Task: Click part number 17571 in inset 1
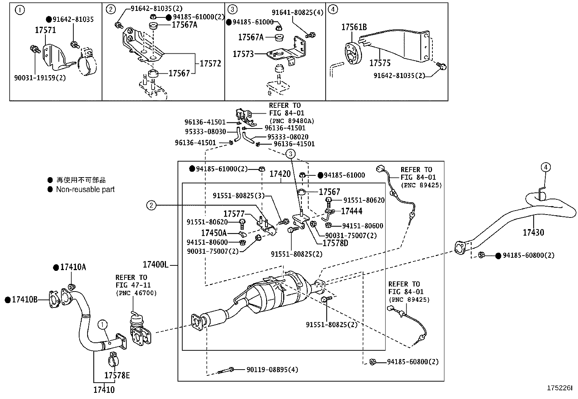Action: pos(45,30)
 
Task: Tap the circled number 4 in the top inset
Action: pos(333,10)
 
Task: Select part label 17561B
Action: pos(354,27)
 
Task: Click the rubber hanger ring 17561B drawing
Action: pos(352,54)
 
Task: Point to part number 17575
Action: pos(380,63)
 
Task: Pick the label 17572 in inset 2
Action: pos(210,64)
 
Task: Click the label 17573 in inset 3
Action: pos(243,54)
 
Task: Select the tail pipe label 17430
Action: pos(533,232)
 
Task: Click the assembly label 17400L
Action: pos(155,265)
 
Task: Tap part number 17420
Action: pos(280,174)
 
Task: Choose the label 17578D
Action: pos(335,243)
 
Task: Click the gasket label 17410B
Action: pos(24,300)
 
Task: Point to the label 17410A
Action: pos(73,268)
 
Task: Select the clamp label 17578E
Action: pos(117,375)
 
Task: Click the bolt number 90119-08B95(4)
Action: pos(272,370)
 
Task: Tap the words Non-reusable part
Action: pos(85,190)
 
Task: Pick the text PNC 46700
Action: pos(136,293)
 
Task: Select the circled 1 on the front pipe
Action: pos(103,324)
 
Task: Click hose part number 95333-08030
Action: pos(211,132)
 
